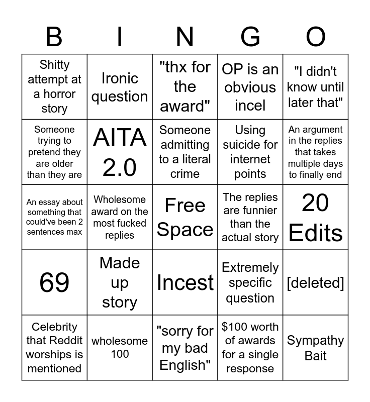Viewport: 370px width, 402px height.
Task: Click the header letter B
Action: pos(54,37)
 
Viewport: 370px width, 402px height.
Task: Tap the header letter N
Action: pos(185,37)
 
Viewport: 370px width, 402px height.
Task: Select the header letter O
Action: pos(316,37)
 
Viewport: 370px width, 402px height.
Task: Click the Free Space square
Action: pos(185,217)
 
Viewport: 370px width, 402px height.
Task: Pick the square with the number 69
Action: pos(54,282)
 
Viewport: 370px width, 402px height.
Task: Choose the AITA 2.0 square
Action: pos(120,152)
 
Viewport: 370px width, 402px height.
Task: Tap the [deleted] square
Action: pos(316,282)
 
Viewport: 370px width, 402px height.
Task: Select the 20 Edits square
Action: pos(316,217)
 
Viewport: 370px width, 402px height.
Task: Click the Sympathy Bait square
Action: pos(316,348)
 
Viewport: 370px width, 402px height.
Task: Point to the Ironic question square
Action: pos(120,87)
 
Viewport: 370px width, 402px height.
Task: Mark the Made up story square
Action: pos(120,282)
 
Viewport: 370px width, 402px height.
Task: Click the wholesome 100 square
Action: pos(120,347)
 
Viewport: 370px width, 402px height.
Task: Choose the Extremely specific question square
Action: pos(250,282)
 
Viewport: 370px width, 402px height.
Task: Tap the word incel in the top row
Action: pos(250,106)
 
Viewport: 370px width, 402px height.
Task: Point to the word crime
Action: pos(185,174)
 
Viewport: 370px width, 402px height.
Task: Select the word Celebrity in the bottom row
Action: pos(54,327)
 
